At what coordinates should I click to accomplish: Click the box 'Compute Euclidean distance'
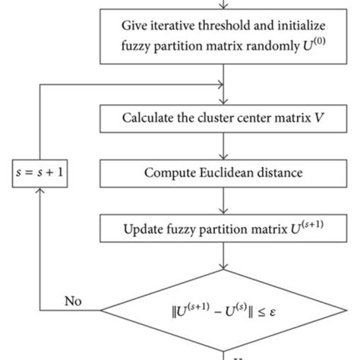coord(222,172)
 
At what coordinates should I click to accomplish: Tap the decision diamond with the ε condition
coord(223,308)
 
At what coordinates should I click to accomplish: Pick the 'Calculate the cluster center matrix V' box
coord(222,118)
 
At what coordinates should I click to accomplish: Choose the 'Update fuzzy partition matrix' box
coord(222,227)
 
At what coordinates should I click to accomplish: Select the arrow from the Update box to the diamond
coord(222,257)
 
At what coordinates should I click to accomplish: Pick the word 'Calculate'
coord(146,118)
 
